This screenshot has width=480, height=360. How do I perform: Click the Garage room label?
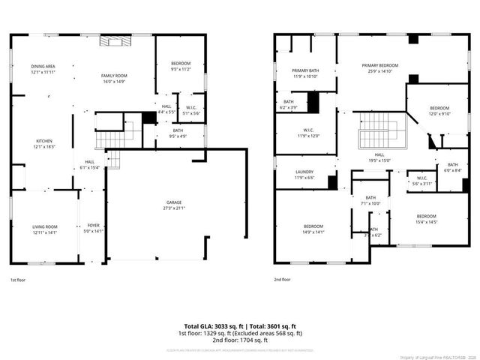point(174,205)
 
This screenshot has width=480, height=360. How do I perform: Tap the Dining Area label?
point(43,69)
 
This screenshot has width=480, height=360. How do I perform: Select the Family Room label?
point(115,78)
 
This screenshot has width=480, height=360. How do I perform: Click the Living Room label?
point(45,229)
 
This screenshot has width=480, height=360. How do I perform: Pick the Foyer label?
point(94,228)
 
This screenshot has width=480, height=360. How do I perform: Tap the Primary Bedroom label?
point(379,68)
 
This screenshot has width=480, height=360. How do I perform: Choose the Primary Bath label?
point(305,73)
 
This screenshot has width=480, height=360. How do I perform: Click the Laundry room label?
point(304,175)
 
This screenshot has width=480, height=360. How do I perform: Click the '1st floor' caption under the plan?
point(17,280)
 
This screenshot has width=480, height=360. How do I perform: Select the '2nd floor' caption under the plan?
point(282,280)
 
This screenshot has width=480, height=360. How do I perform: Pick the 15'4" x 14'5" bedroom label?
point(426,219)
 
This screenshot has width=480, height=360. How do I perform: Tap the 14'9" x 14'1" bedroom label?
point(313,229)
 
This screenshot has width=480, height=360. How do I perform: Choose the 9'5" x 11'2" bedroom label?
point(181,65)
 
